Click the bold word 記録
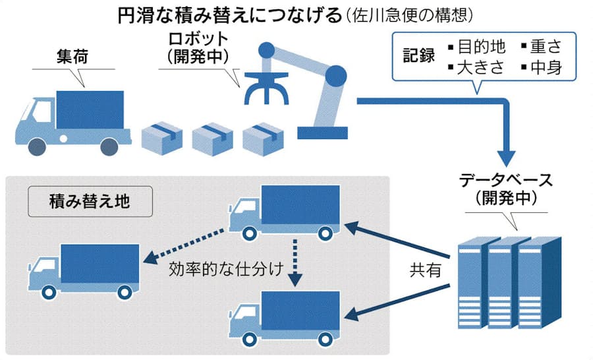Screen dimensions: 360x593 point(419,56)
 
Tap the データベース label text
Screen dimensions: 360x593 point(505,181)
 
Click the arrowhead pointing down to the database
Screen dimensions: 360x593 point(505,157)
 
